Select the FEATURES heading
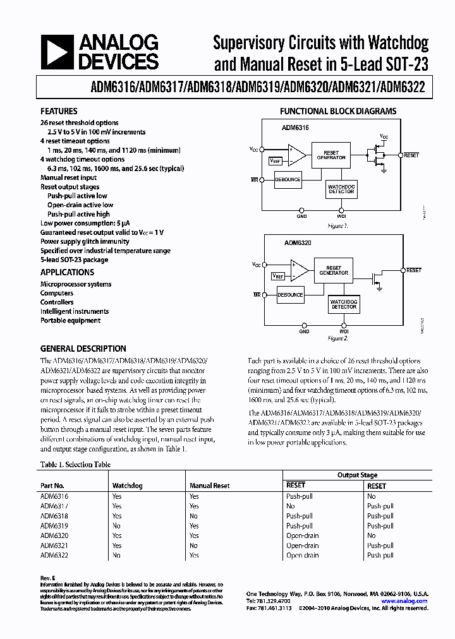(59, 110)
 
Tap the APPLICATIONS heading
(67, 272)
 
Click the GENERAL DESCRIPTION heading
(83, 349)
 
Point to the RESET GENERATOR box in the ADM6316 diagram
(331, 155)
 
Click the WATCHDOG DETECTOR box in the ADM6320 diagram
(344, 304)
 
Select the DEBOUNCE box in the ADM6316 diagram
(288, 180)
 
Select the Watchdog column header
(127, 486)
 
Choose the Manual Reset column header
(209, 486)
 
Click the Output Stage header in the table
(357, 475)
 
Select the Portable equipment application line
(70, 320)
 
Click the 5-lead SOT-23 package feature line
(74, 260)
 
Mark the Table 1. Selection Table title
(75, 465)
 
